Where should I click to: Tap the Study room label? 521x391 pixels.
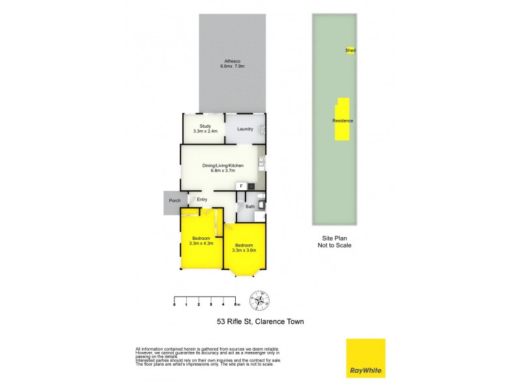click(206, 126)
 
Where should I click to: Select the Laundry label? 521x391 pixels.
click(245, 129)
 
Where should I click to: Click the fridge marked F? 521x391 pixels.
click(242, 186)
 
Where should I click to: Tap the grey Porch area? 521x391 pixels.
click(175, 201)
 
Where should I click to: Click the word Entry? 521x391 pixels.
click(202, 200)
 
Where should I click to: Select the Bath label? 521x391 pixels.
click(249, 207)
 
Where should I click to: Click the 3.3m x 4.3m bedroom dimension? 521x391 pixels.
click(201, 244)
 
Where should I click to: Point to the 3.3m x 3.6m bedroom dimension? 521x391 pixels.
click(245, 250)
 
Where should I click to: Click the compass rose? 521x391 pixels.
click(262, 300)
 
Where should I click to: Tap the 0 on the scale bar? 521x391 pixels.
click(175, 304)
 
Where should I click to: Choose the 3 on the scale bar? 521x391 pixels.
click(211, 304)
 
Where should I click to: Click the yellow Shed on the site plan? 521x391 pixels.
click(350, 50)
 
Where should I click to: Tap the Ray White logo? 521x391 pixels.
click(365, 358)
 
